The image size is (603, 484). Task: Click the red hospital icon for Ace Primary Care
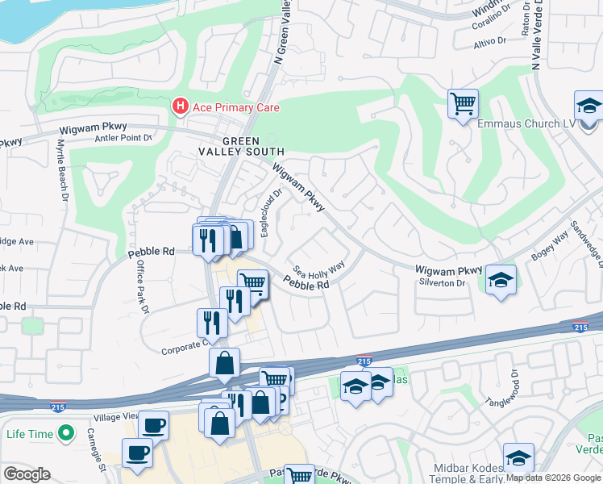[x=180, y=106]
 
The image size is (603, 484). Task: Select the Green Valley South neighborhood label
[x=242, y=146]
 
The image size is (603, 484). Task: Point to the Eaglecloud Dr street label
[x=270, y=212]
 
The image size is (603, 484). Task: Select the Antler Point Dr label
[x=123, y=138]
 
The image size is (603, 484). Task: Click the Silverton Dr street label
[x=443, y=283]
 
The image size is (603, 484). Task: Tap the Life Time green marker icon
[x=62, y=435]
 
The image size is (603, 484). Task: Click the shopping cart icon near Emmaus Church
[x=463, y=103]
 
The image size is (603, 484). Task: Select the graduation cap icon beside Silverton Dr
[x=501, y=280]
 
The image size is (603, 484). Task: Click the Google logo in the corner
[x=27, y=474]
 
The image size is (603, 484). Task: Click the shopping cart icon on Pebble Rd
[x=253, y=283]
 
